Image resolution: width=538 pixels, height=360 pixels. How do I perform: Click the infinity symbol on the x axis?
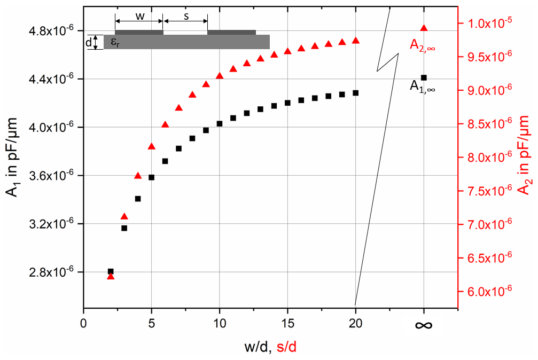(424, 325)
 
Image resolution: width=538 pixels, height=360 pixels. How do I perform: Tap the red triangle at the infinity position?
(424, 28)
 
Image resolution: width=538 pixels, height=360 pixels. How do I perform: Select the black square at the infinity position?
(424, 78)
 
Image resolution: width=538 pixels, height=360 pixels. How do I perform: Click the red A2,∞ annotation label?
(422, 45)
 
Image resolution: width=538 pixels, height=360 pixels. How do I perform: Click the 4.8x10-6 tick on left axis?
(51, 31)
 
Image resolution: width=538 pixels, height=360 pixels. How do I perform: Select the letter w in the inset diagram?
(139, 16)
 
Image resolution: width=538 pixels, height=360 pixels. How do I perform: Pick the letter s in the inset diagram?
(186, 16)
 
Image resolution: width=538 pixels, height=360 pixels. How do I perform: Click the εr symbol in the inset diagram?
(114, 43)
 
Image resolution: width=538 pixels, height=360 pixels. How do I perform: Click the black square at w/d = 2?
(111, 271)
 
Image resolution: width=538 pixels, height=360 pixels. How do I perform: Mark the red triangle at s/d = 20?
(356, 41)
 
